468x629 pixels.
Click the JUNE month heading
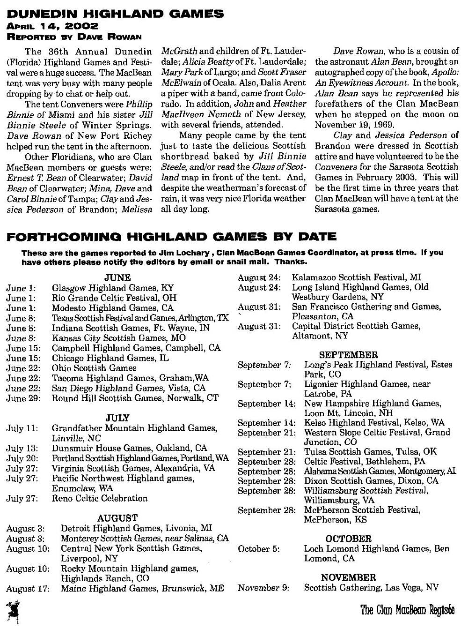[x=117, y=278]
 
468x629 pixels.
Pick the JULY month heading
[x=117, y=418]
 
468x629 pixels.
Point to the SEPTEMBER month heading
[x=349, y=355]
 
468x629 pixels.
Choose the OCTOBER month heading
[x=349, y=539]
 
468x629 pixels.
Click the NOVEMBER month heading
[x=349, y=578]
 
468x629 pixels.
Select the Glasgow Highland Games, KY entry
[x=112, y=288]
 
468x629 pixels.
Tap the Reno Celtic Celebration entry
[x=100, y=498]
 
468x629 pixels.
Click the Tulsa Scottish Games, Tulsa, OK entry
[x=364, y=452]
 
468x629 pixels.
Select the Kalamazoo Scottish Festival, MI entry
[x=357, y=277]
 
